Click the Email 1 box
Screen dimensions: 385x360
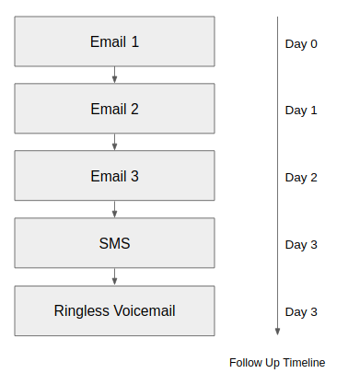coord(114,41)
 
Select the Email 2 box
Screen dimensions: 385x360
coord(114,109)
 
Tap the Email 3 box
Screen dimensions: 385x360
coord(114,176)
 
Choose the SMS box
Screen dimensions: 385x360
coord(114,244)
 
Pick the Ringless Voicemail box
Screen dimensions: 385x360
coord(114,311)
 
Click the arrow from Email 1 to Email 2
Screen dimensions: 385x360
coord(114,75)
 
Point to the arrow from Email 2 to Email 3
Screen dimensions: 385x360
coord(114,142)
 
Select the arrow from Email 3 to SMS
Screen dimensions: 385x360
coord(114,209)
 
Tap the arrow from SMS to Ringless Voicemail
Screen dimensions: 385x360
coord(114,276)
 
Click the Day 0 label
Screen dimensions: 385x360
coord(301,43)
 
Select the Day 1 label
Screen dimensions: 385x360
coord(301,111)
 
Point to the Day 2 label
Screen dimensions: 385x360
coord(301,178)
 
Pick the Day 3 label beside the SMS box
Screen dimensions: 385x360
coord(301,245)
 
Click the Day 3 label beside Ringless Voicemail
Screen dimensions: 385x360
coord(301,312)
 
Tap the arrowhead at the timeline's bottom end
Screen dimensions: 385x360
coord(277,332)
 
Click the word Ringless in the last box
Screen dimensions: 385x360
coord(82,311)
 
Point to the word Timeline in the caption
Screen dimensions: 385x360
coord(305,363)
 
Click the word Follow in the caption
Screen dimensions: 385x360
coord(245,363)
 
